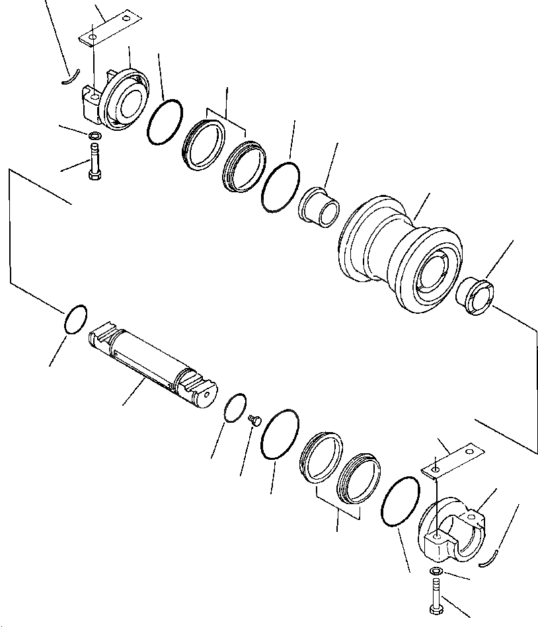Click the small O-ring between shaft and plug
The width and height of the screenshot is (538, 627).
pyautogui.click(x=235, y=407)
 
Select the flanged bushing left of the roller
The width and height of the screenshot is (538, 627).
pyautogui.click(x=321, y=205)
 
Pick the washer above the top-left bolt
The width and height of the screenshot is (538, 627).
pyautogui.click(x=95, y=136)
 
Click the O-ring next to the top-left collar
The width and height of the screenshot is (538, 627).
pyautogui.click(x=165, y=121)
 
